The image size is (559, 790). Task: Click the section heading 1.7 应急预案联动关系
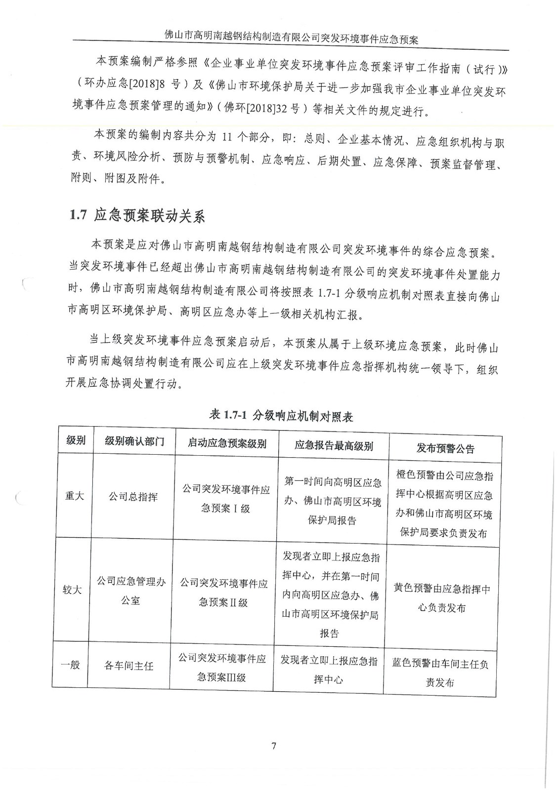pyautogui.click(x=137, y=216)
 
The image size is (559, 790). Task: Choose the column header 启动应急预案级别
pyautogui.click(x=227, y=443)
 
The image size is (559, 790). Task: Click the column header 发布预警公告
pyautogui.click(x=445, y=448)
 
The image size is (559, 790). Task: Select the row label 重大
pyautogui.click(x=75, y=495)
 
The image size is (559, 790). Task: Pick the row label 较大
pyautogui.click(x=72, y=590)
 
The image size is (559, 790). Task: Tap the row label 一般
pyautogui.click(x=70, y=664)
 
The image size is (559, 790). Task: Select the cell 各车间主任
pyautogui.click(x=129, y=666)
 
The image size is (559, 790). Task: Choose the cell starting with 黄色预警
pyautogui.click(x=441, y=598)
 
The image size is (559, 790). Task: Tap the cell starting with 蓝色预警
pyautogui.click(x=440, y=673)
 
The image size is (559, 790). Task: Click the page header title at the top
pyautogui.click(x=292, y=38)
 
